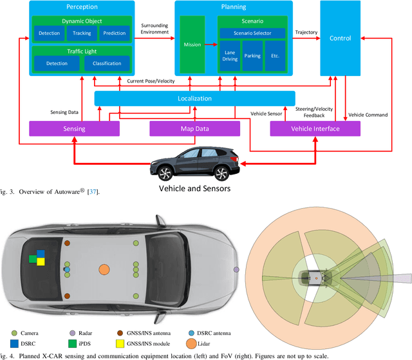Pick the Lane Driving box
(x=230, y=56)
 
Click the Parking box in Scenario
(x=252, y=56)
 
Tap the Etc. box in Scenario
(x=275, y=56)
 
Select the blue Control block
(x=341, y=38)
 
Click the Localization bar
(x=194, y=99)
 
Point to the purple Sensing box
(x=75, y=129)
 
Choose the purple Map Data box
(x=194, y=129)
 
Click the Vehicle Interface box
(x=315, y=129)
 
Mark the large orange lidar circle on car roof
(x=104, y=269)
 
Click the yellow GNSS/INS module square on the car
(x=41, y=261)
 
